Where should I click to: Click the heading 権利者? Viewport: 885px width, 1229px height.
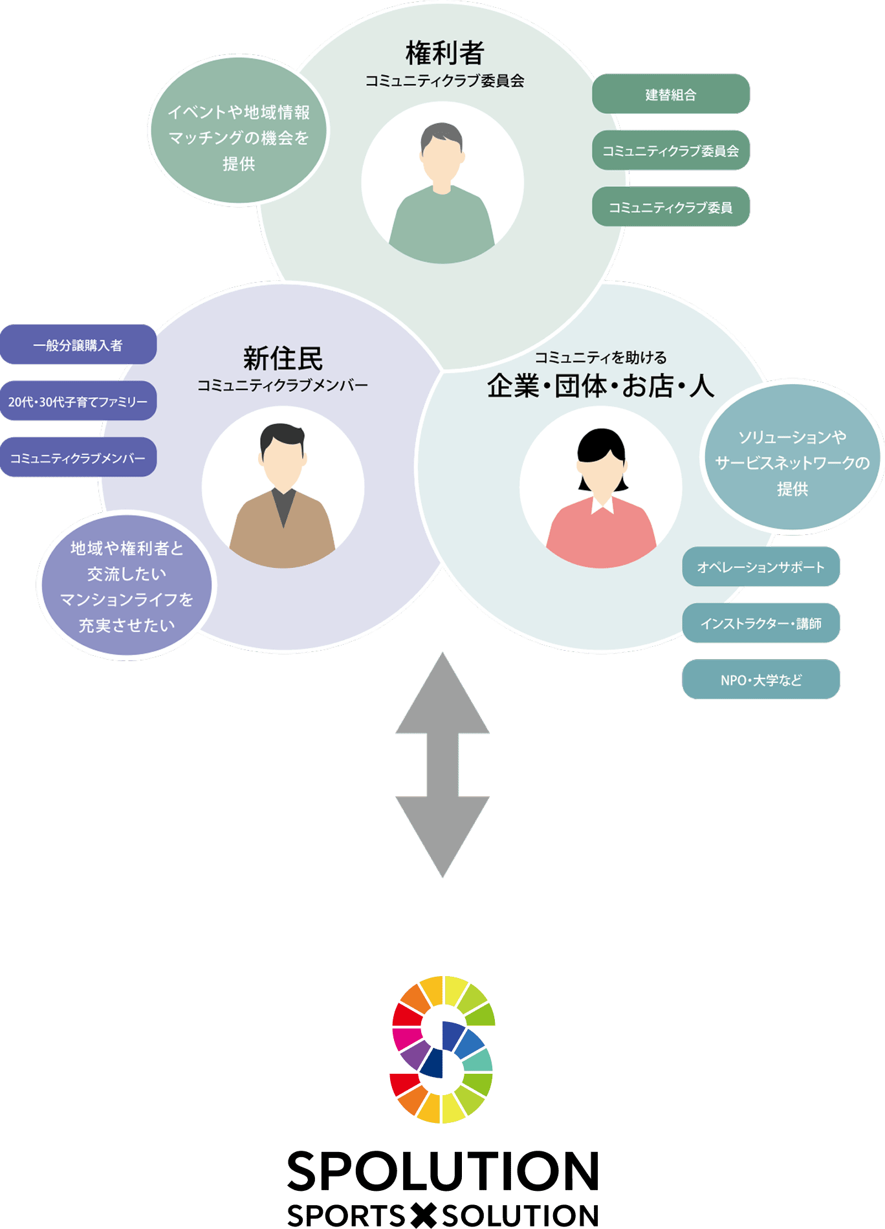click(444, 53)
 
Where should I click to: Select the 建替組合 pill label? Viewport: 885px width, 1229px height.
click(670, 94)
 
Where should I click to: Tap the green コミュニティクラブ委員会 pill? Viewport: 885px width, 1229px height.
click(670, 151)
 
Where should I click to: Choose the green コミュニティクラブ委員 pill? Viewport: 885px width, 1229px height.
click(670, 207)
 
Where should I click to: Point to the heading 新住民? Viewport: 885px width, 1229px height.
click(283, 358)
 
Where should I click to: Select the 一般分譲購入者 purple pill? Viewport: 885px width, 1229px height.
click(78, 345)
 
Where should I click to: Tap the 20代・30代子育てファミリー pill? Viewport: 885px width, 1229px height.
click(78, 401)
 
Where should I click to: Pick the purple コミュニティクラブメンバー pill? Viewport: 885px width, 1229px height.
click(78, 458)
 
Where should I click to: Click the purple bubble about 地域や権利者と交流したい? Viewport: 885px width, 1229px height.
click(127, 586)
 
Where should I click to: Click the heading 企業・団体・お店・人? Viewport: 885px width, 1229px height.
click(600, 386)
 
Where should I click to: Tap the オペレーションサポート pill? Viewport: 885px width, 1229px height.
click(761, 567)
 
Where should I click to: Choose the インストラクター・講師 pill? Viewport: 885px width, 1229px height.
click(761, 624)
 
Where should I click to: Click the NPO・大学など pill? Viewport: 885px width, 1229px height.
click(761, 680)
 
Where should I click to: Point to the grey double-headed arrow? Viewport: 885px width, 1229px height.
click(442, 765)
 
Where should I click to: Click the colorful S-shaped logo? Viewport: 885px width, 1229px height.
click(442, 1049)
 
